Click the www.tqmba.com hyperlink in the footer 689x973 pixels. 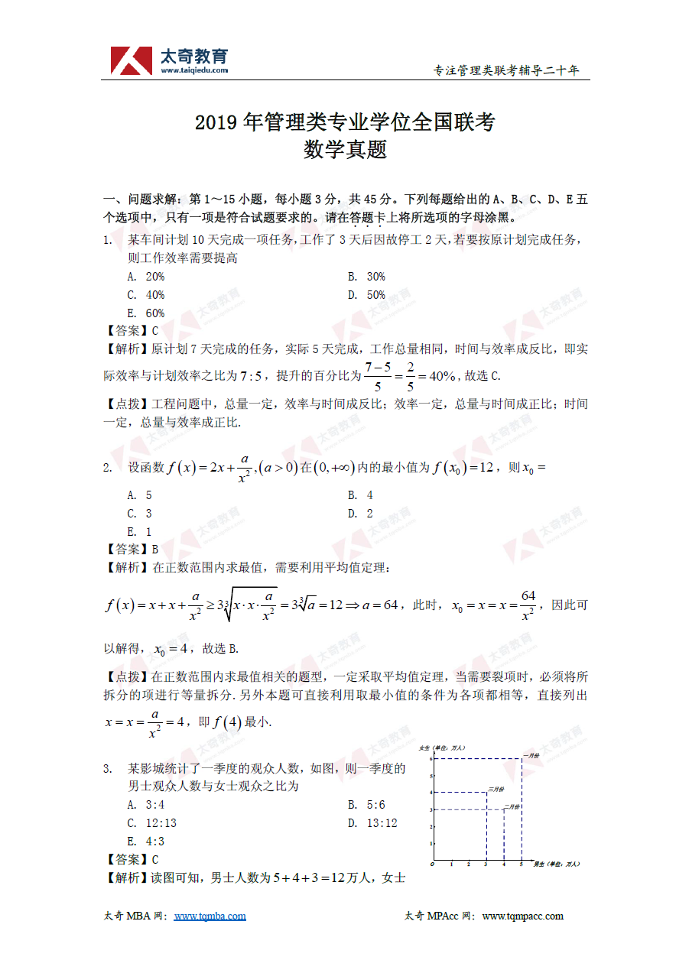click(x=210, y=916)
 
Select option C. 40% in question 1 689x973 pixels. click(x=146, y=295)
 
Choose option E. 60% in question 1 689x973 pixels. click(x=146, y=313)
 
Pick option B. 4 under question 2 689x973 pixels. click(x=360, y=495)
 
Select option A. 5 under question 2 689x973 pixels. click(x=140, y=495)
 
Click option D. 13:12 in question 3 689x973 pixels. click(x=372, y=823)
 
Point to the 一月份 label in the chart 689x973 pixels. click(x=532, y=756)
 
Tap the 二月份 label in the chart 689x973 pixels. click(x=512, y=806)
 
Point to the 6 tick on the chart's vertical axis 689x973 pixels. click(x=431, y=758)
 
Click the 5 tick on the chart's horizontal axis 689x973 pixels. click(x=522, y=864)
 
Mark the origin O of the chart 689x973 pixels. click(x=432, y=864)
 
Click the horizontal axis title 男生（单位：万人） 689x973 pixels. click(x=556, y=864)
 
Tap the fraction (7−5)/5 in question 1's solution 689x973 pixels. click(x=378, y=375)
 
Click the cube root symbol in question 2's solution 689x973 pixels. click(x=229, y=605)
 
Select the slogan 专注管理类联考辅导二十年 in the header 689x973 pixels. click(x=506, y=70)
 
